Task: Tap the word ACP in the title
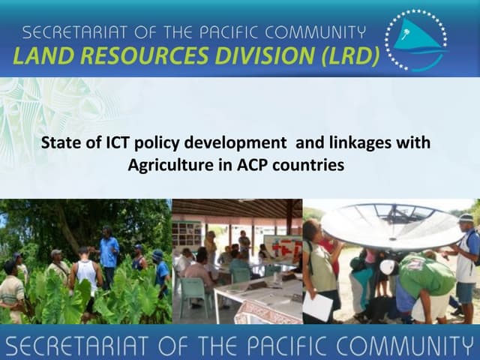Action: pyautogui.click(x=256, y=164)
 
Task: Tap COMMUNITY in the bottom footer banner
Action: pyautogui.click(x=405, y=346)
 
